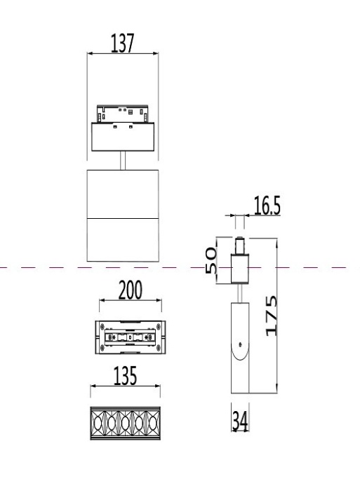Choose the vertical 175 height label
click(269, 315)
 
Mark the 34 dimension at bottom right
click(241, 422)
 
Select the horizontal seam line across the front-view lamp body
click(123, 218)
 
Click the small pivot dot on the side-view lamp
click(241, 344)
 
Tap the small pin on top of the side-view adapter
click(240, 248)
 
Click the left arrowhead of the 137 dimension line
click(88, 53)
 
